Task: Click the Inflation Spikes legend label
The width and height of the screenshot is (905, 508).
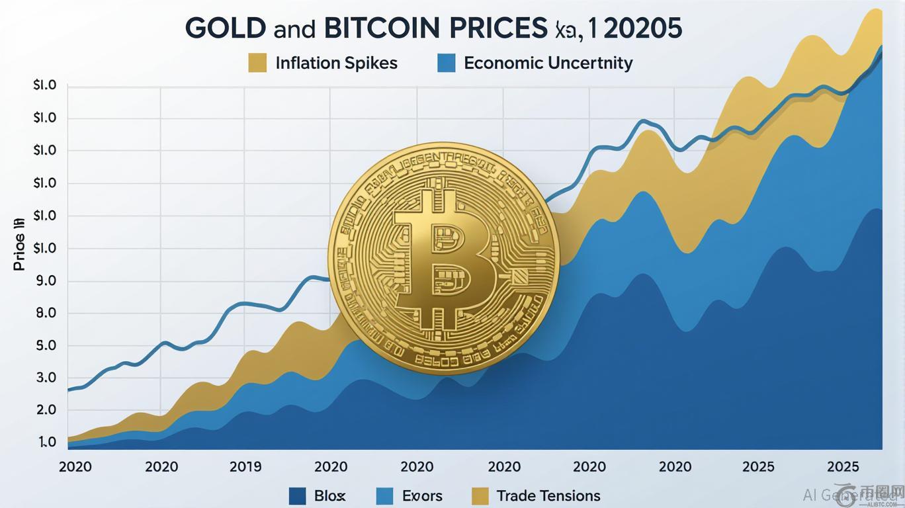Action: [336, 63]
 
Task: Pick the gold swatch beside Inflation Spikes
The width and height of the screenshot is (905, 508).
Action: [257, 63]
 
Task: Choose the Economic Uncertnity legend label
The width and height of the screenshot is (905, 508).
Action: [548, 63]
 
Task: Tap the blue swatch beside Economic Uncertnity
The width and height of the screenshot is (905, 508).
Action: [447, 63]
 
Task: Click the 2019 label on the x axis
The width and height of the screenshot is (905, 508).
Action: [245, 466]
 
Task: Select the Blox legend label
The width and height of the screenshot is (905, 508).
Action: [329, 495]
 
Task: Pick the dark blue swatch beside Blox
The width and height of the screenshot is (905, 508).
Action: [298, 495]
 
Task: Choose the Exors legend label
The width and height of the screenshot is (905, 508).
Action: [422, 495]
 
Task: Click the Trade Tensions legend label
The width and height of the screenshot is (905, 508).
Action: [548, 495]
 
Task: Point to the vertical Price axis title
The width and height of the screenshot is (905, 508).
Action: [19, 245]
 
